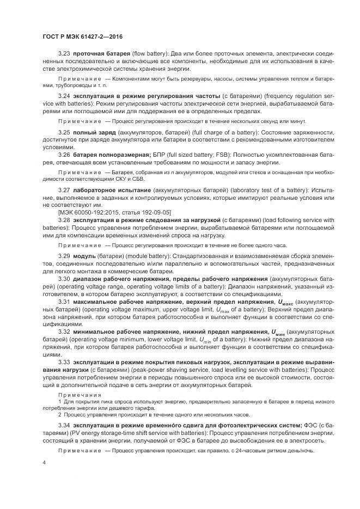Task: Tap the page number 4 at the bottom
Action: click(x=45, y=462)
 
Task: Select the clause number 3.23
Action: click(x=65, y=55)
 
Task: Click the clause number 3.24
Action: click(x=65, y=96)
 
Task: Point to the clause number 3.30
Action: click(x=65, y=278)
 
